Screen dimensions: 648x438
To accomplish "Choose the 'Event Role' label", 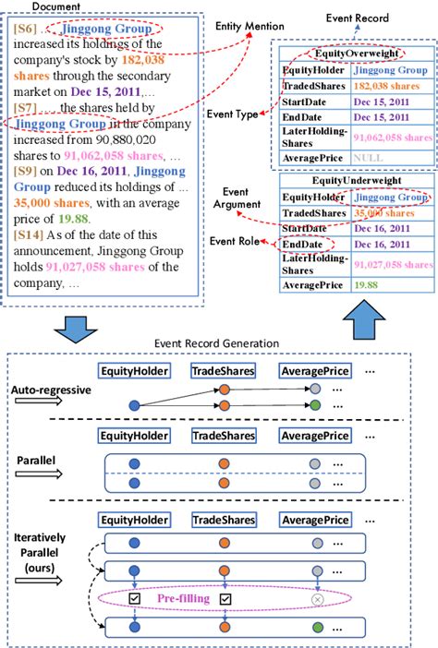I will pyautogui.click(x=237, y=241).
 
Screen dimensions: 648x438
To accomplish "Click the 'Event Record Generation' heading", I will pyautogui.click(x=218, y=343).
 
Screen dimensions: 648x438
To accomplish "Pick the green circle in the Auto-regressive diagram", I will pyautogui.click(x=318, y=406).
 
